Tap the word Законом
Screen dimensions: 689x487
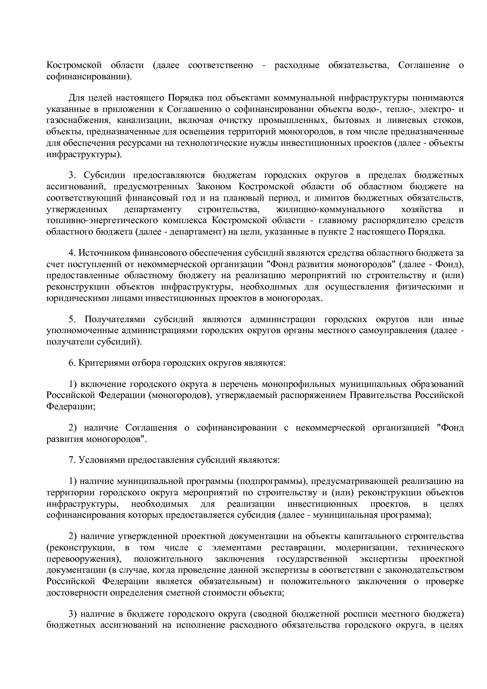pos(213,187)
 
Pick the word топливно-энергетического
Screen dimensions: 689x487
pos(102,221)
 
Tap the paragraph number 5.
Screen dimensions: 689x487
pos(72,319)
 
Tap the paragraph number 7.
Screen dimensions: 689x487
pos(71,460)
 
